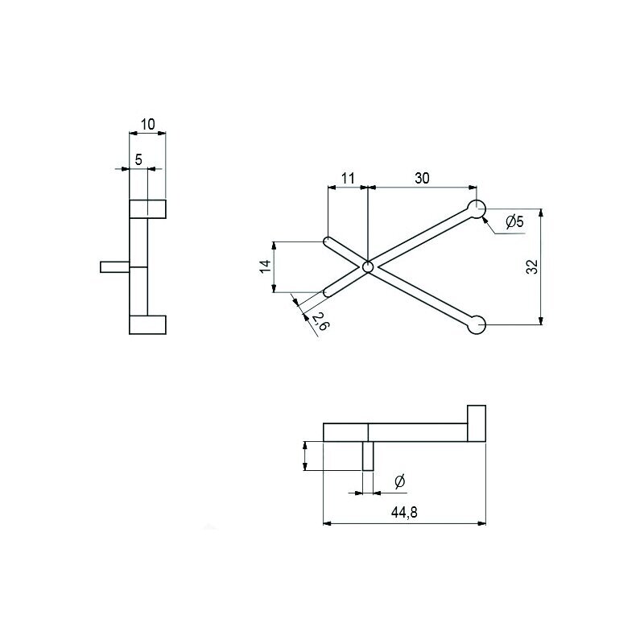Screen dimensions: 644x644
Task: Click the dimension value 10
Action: point(148,124)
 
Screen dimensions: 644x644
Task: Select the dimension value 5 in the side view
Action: point(138,159)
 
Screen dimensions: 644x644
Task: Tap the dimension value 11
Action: point(348,179)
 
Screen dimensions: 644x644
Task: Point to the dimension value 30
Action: point(422,178)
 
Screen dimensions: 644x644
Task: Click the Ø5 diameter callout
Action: point(515,222)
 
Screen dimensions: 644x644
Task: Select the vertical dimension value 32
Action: point(532,267)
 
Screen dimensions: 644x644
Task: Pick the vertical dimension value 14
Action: point(266,266)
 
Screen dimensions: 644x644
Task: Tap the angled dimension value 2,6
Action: point(320,320)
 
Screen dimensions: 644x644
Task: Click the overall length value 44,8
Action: point(405,512)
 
